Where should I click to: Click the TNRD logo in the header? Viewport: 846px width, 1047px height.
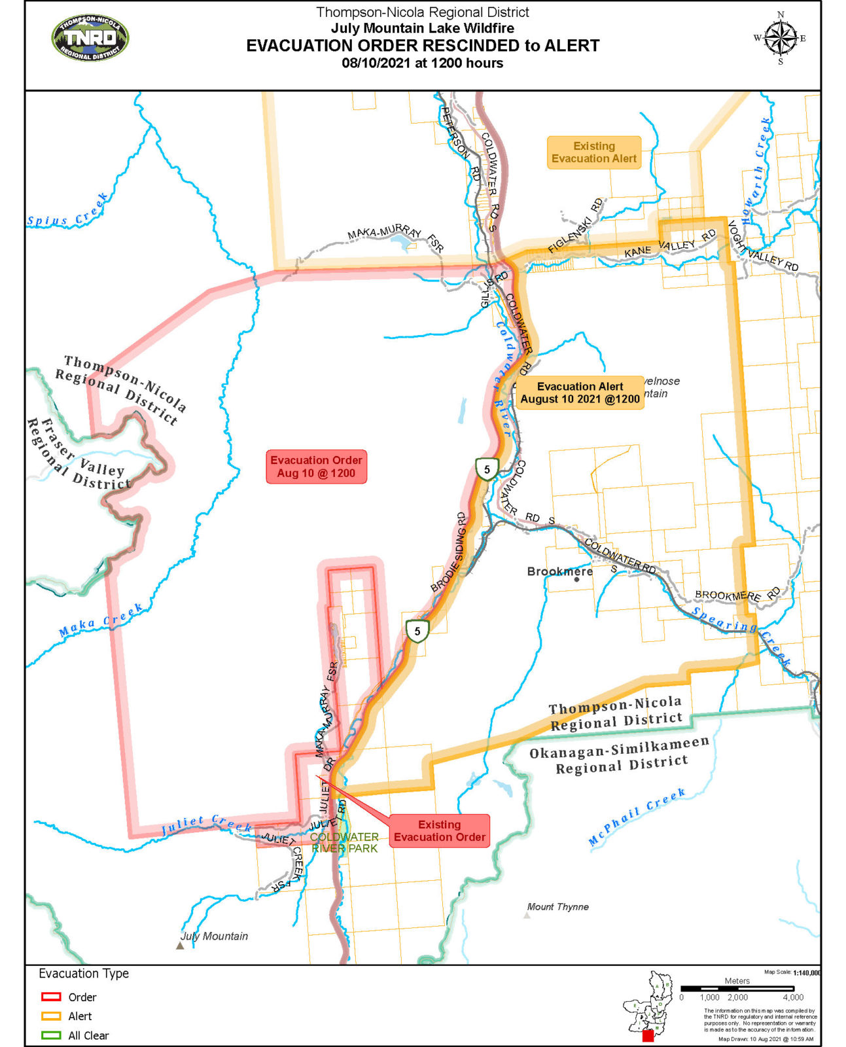[90, 39]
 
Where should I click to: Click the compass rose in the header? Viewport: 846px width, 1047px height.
[780, 37]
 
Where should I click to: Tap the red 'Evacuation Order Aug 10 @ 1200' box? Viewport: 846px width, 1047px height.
[316, 467]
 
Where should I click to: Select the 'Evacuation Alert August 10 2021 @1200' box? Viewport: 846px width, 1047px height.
[580, 393]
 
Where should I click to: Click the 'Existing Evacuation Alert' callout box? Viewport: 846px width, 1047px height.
[593, 152]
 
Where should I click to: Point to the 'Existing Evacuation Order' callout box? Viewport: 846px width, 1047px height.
[439, 831]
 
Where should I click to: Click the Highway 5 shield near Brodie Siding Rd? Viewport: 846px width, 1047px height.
[417, 631]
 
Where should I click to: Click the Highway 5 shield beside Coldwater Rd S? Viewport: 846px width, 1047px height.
[487, 469]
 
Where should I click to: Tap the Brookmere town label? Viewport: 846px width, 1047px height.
[559, 571]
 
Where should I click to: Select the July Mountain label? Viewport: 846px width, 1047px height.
[214, 936]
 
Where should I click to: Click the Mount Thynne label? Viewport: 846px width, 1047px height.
[558, 907]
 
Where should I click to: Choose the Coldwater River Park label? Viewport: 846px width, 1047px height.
[344, 843]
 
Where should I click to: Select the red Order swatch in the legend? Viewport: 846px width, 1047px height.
[51, 997]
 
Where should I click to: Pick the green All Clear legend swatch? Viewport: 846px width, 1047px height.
[51, 1036]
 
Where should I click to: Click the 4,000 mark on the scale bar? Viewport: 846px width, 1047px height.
[793, 997]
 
